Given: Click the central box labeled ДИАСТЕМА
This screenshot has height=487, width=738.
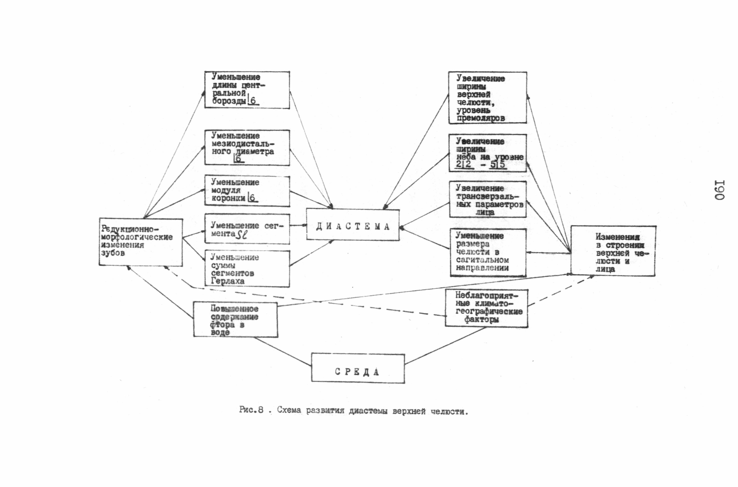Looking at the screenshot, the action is (x=353, y=224).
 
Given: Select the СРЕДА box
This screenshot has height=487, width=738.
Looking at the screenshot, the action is (x=358, y=368).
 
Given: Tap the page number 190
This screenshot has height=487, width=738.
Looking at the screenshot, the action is (x=720, y=190).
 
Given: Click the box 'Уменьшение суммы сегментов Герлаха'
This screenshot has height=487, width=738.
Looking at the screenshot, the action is (x=247, y=269).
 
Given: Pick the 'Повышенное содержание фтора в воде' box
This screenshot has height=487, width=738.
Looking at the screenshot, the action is (x=236, y=319).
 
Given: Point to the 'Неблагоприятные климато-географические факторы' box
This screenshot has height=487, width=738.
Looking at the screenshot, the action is (x=486, y=308).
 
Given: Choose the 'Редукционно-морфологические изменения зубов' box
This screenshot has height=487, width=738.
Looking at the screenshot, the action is (x=141, y=242).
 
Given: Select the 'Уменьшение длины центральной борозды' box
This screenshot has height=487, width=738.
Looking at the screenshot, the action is (x=247, y=90).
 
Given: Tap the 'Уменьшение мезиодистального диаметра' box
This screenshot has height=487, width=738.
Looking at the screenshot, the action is (x=247, y=148).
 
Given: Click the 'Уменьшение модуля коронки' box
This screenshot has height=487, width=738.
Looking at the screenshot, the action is (x=247, y=191).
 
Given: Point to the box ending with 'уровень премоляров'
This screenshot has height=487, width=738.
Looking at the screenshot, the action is (x=487, y=98).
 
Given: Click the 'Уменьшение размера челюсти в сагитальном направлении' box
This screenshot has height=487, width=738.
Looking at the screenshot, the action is (x=488, y=253).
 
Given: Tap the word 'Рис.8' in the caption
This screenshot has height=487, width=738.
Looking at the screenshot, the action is (x=251, y=410).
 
